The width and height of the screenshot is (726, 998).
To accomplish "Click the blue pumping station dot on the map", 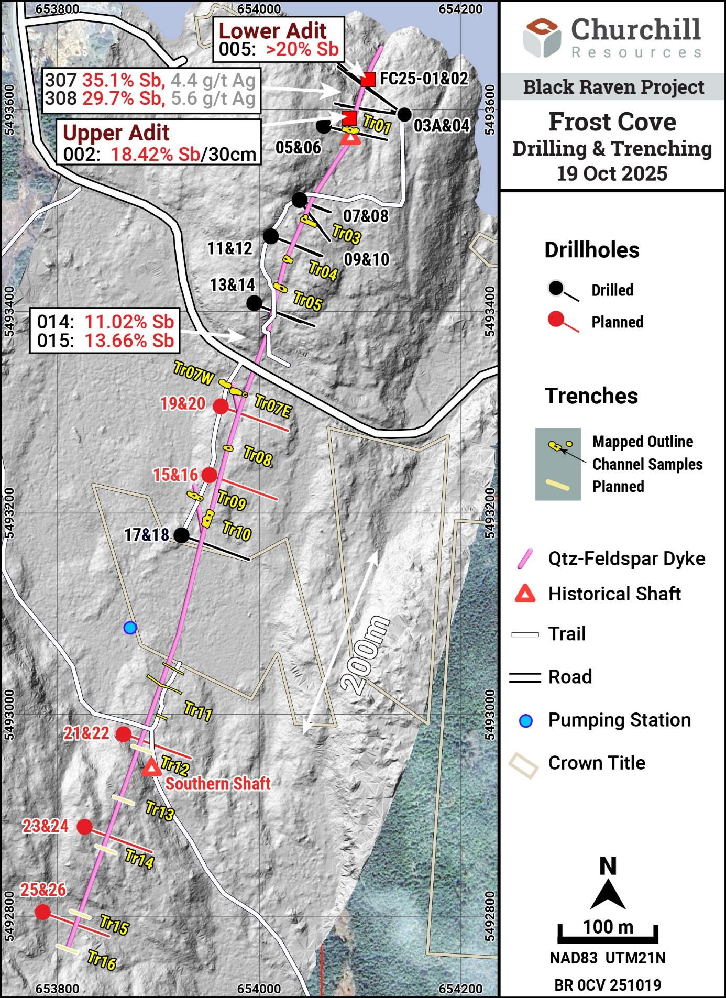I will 130,628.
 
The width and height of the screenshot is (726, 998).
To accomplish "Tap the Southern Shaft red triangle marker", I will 152,768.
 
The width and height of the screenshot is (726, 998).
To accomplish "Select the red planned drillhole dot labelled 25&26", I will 42,912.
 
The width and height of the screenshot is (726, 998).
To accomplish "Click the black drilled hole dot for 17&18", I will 181,535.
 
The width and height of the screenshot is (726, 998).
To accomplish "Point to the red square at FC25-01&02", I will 368,79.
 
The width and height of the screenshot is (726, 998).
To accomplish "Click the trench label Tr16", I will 102,960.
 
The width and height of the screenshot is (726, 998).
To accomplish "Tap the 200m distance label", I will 365,655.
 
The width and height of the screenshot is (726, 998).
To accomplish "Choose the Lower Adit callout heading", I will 272,31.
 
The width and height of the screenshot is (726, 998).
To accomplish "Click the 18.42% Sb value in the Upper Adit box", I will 155,155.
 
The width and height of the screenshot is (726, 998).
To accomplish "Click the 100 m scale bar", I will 608,933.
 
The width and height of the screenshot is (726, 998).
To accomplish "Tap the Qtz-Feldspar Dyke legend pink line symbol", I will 525,558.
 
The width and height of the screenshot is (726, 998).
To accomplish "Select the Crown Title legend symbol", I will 523,765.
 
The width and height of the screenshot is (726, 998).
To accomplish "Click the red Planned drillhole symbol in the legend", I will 563,322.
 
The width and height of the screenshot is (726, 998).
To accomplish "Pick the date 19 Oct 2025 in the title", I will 612,173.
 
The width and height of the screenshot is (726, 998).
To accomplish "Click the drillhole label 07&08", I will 366,216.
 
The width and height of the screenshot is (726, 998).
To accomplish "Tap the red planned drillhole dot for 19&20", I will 221,406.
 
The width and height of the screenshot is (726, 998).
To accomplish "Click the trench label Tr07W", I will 193,372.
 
